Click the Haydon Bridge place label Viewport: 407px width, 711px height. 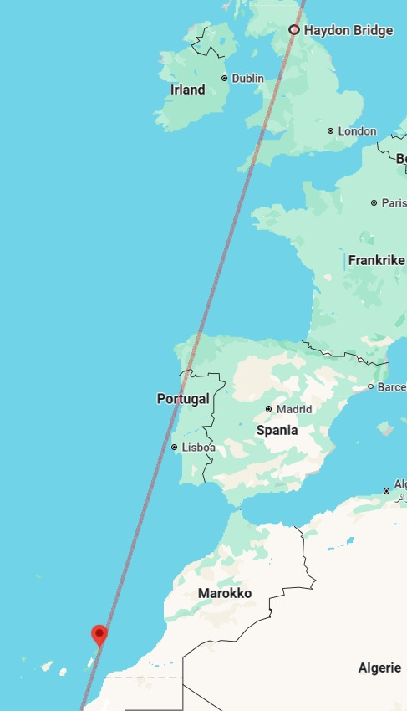[348, 31]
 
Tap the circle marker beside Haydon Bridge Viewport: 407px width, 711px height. [294, 30]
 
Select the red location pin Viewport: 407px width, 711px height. [100, 636]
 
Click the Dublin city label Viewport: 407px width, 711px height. [247, 79]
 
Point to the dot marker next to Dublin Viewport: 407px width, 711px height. [224, 79]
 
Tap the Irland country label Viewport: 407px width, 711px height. [187, 90]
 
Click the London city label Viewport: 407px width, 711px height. [357, 131]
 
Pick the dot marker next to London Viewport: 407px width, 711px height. [331, 131]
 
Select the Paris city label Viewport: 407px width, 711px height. [393, 202]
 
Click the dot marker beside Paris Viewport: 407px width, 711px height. [374, 202]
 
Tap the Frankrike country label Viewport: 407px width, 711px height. [376, 261]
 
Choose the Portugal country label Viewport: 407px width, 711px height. [183, 399]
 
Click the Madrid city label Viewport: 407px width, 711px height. [294, 409]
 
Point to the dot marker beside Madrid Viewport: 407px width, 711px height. [268, 409]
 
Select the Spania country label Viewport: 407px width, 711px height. [277, 431]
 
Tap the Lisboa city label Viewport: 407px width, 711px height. [199, 448]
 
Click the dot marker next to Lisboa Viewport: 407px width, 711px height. [174, 448]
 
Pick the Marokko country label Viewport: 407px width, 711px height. [225, 594]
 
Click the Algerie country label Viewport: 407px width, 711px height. [380, 668]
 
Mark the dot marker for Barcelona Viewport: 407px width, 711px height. [370, 386]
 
